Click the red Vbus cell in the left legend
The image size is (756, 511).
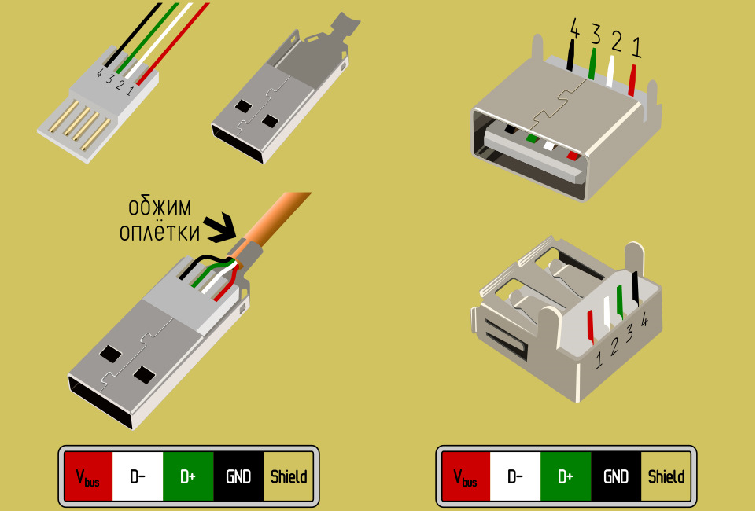coord(88,476)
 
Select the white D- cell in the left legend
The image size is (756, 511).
coord(138,476)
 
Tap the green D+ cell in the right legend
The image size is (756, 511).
coord(566,476)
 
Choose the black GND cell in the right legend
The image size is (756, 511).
coord(616,476)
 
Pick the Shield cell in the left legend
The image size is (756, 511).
coord(289,476)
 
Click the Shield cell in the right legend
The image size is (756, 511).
coord(666,476)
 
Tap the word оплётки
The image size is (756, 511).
coord(159,233)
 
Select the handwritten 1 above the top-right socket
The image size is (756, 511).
coord(636,49)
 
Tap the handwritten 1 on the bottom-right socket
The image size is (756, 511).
coord(599,360)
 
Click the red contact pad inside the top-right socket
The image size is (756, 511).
coord(572,155)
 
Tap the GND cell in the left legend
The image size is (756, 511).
coord(238,476)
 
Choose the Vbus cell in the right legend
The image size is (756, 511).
coord(465,476)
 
